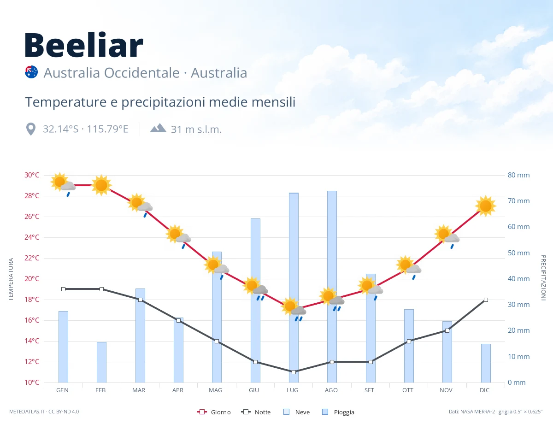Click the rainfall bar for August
[332, 287]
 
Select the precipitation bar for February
[101, 362]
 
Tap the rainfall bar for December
[486, 363]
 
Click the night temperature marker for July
[294, 372]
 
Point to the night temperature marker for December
[486, 300]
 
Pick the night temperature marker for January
[64, 289]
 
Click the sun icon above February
[101, 185]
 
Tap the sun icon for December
[486, 206]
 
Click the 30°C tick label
[32, 175]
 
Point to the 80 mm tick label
[518, 175]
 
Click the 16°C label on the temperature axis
[32, 320]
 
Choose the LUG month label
[293, 390]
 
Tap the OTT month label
[408, 390]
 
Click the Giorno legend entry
[214, 412]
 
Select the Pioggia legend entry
[338, 412]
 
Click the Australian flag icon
[31, 72]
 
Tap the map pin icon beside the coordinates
[31, 129]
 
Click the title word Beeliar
[84, 45]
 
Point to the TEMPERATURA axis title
[11, 279]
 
